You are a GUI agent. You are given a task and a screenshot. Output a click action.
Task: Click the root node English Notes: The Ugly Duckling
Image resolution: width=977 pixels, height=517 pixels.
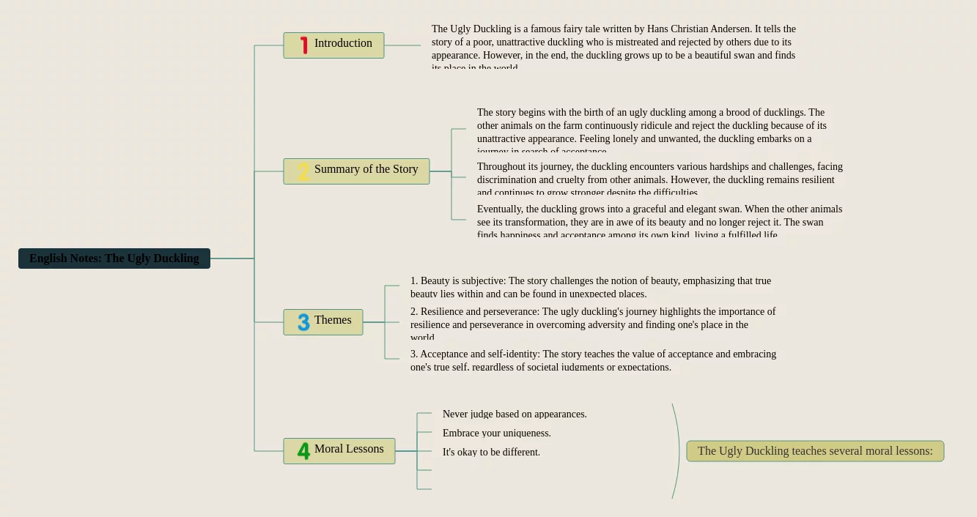pyautogui.click(x=114, y=258)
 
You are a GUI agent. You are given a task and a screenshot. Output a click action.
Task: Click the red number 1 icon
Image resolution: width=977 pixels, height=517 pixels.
pyautogui.click(x=303, y=45)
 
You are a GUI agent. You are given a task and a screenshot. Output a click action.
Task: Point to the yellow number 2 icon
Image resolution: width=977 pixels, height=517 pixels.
pyautogui.click(x=303, y=172)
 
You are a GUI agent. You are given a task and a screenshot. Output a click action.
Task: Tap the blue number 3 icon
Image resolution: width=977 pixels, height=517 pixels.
pyautogui.click(x=303, y=322)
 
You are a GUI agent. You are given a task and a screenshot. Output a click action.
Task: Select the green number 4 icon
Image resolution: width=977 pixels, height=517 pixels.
pyautogui.click(x=303, y=451)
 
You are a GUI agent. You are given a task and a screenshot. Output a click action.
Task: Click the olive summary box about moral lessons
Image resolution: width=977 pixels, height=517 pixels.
pyautogui.click(x=815, y=451)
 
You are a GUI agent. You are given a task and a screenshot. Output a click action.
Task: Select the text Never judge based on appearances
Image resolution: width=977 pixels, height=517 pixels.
pyautogui.click(x=515, y=414)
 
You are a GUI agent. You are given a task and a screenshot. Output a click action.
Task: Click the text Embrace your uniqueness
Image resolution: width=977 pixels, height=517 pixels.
pyautogui.click(x=497, y=434)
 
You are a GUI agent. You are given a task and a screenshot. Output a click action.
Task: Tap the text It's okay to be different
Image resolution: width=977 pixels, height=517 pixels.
pyautogui.click(x=491, y=453)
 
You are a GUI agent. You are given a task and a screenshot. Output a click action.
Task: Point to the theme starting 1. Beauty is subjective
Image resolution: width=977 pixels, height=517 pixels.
pyautogui.click(x=591, y=287)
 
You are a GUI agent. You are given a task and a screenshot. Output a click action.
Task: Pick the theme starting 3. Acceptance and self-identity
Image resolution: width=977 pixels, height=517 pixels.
pyautogui.click(x=592, y=360)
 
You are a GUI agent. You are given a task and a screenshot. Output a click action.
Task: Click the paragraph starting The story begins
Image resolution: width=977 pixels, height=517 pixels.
pyautogui.click(x=651, y=130)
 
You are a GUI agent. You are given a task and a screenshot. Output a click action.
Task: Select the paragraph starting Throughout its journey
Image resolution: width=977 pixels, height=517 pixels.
pyautogui.click(x=660, y=179)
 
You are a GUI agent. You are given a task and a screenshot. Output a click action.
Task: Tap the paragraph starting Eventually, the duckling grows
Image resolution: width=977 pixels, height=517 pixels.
pyautogui.click(x=660, y=221)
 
